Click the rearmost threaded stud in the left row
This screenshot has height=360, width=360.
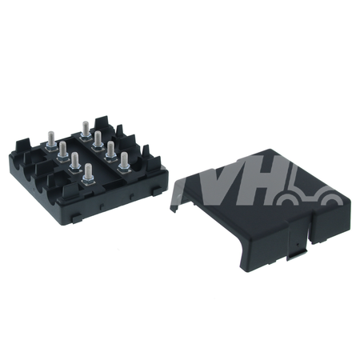pyautogui.click(x=51, y=138)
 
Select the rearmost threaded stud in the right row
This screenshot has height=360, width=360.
pyautogui.click(x=86, y=129)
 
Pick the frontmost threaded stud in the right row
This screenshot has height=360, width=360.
pyautogui.click(x=124, y=159)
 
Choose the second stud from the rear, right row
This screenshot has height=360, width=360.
pyautogui.click(x=98, y=138)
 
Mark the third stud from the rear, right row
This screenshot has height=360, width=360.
pyautogui.click(x=110, y=149)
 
